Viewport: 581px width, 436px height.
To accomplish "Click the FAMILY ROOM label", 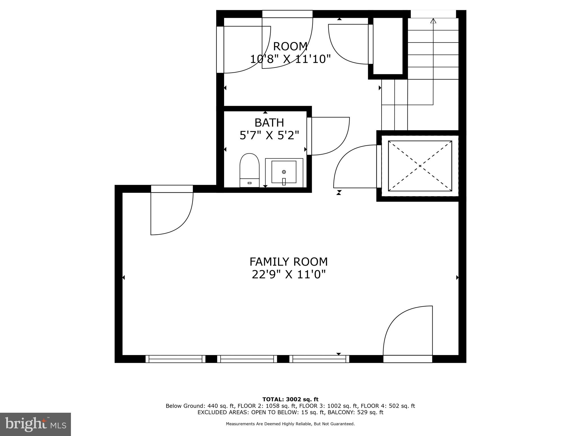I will (289, 261).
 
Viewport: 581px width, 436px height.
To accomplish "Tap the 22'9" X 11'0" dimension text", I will (289, 274).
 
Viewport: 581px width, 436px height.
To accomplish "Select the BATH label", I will (269, 123).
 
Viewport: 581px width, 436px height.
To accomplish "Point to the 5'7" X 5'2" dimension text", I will (269, 135).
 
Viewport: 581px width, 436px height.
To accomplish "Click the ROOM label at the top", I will (290, 46).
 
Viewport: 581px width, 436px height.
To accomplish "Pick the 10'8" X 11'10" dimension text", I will (290, 59).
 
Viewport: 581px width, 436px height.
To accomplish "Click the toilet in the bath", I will (249, 170).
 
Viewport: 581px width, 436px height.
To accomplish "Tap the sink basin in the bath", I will (284, 172).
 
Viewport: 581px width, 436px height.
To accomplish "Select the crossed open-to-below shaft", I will (420, 166).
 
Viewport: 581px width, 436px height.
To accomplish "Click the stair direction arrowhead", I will (433, 21).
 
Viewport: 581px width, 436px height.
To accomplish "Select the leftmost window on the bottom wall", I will (175, 359).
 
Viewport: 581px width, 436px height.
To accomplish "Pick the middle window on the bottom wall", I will (247, 359).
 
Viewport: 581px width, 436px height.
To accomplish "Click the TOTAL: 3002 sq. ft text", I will (290, 399).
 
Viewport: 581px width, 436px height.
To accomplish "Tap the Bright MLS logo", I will (35, 424).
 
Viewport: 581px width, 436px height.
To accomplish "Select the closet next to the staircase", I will (388, 46).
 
